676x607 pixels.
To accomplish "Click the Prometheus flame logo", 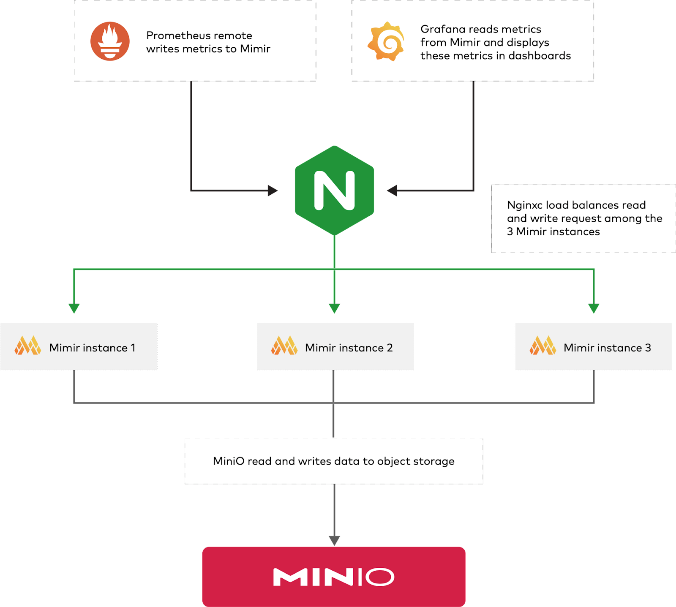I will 110,41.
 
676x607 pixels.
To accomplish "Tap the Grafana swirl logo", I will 386,41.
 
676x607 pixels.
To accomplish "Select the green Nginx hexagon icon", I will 334,190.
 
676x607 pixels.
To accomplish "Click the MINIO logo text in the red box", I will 334,577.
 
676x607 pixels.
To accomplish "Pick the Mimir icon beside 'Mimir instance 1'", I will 28,346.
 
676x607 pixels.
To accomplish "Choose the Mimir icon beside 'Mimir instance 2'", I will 284,346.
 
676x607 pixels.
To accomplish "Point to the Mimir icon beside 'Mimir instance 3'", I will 543,346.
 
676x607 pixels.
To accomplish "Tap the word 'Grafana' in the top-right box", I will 440,29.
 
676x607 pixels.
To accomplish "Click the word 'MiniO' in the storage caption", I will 229,461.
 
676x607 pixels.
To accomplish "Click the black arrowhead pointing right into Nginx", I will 273,191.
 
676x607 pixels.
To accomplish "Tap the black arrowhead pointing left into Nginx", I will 392,191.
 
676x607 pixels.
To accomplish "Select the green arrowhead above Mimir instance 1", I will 74,308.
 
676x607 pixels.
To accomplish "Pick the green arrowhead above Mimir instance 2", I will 334,308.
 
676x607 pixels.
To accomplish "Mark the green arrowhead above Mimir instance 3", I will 594,308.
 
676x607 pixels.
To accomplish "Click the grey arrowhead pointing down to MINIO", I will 334,540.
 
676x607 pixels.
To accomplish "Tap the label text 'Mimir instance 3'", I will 607,348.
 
